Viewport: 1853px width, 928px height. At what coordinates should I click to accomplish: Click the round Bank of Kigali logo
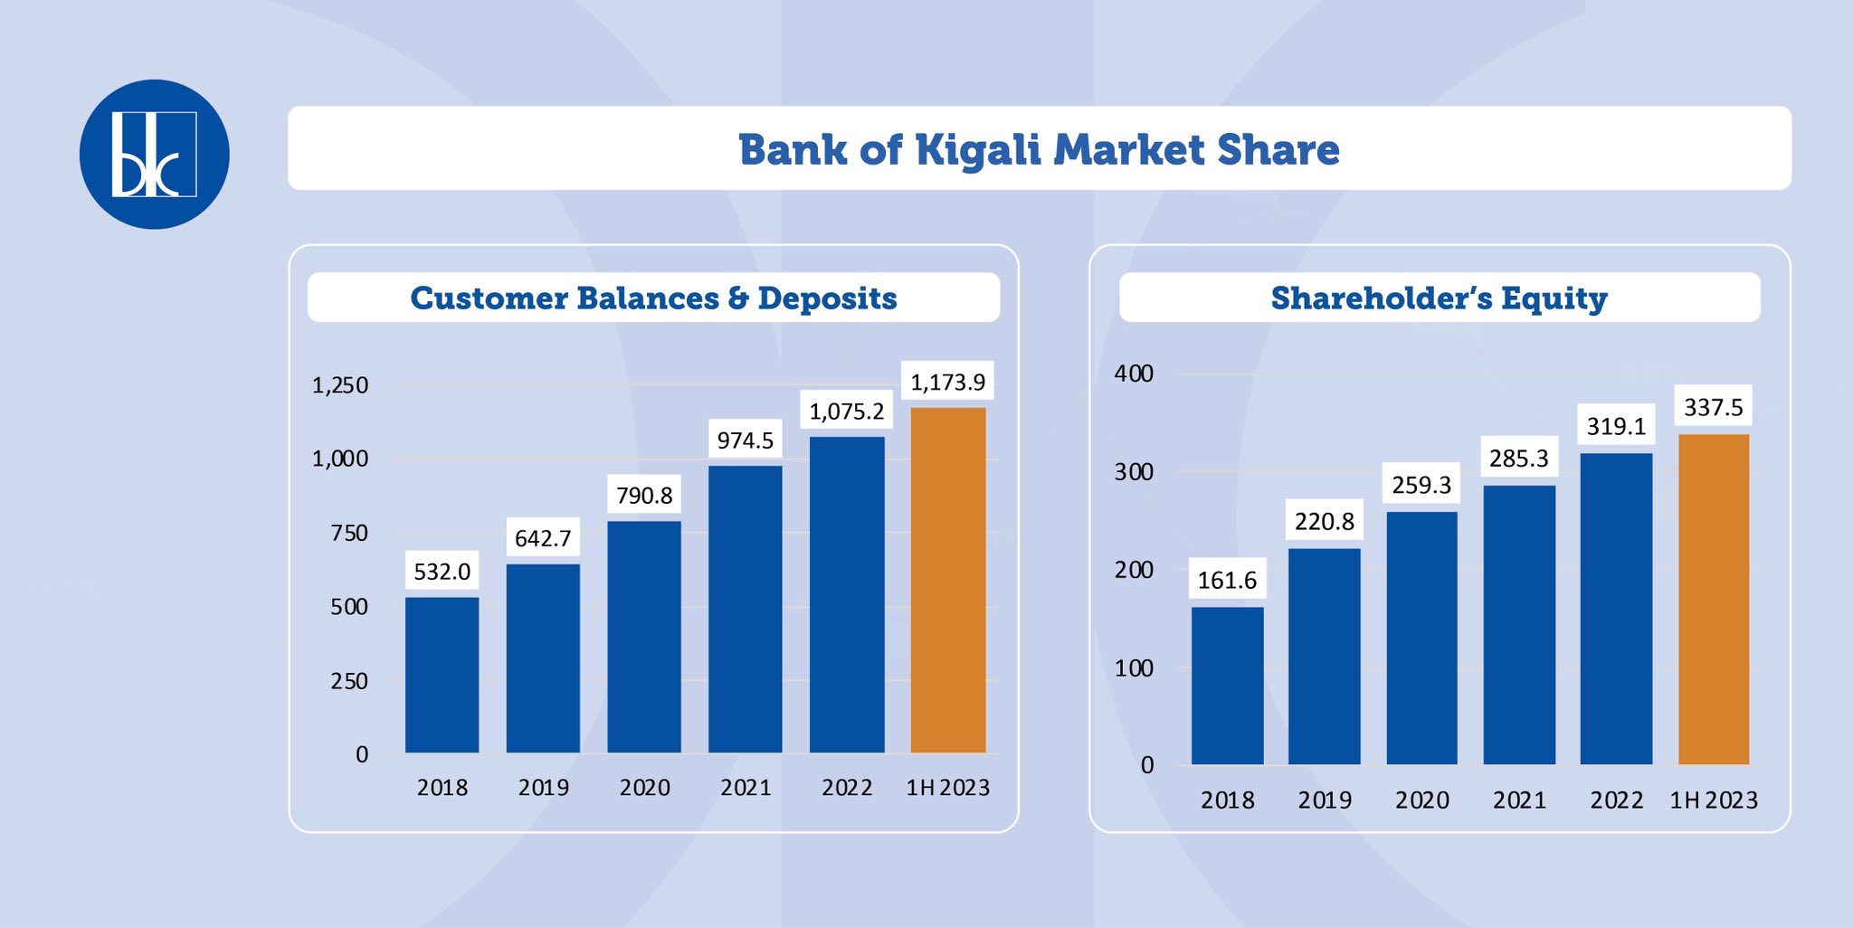(155, 154)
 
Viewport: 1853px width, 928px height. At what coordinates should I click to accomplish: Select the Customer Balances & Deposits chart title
(653, 298)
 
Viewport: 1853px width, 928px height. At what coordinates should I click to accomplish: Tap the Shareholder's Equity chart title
(1439, 298)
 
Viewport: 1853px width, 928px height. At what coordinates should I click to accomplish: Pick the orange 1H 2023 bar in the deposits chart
(948, 580)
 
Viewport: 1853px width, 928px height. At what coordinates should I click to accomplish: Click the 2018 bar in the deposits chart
(442, 675)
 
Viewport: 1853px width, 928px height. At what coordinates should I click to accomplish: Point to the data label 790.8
(644, 496)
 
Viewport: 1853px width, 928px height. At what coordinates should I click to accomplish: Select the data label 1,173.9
(948, 382)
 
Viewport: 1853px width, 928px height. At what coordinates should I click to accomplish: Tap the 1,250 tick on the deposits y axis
(340, 385)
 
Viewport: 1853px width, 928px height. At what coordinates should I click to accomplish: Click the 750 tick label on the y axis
(349, 533)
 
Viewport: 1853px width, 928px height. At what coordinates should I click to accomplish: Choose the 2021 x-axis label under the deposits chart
(746, 788)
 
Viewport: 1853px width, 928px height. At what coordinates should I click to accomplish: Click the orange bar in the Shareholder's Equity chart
(1714, 599)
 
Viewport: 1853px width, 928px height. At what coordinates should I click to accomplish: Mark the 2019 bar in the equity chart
(1325, 656)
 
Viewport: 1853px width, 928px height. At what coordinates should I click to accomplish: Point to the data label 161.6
(1227, 580)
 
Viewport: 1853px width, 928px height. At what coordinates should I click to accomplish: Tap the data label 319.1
(1617, 426)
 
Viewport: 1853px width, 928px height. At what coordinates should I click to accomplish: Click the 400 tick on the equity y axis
(1134, 374)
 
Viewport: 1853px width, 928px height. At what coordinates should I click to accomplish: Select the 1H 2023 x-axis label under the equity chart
(1714, 800)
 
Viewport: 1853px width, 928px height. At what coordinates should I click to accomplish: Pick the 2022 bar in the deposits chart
(847, 595)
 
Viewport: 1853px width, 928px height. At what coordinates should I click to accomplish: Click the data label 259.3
(1421, 485)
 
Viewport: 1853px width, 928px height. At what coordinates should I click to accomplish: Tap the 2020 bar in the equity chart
(1422, 638)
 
